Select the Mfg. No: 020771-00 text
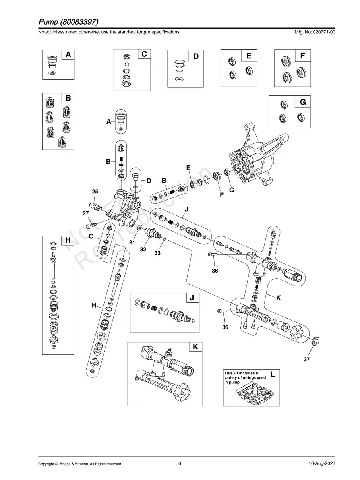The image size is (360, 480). click(x=314, y=32)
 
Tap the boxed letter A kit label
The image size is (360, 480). click(x=68, y=55)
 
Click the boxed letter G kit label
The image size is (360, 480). click(x=303, y=102)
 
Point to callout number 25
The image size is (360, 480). click(x=95, y=191)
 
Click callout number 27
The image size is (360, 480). click(x=85, y=213)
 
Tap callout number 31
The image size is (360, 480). click(x=132, y=243)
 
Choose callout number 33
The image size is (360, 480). click(x=157, y=253)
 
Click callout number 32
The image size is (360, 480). click(x=143, y=250)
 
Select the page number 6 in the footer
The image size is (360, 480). click(x=180, y=463)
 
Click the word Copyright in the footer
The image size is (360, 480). click(x=47, y=464)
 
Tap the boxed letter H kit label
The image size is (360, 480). click(x=68, y=240)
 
